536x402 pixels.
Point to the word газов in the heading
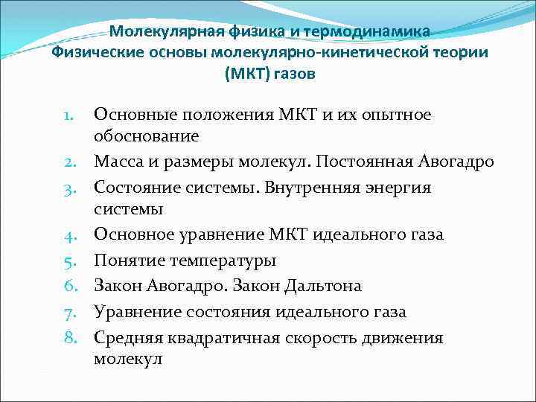293,74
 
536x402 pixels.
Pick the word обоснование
156,135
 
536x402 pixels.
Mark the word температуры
221,261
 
